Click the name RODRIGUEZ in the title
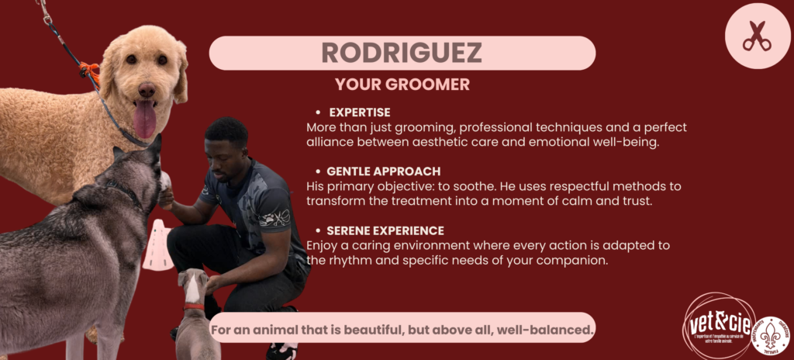click(x=402, y=53)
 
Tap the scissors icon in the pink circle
click(x=757, y=36)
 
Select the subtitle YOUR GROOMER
click(x=402, y=85)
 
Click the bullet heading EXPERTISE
click(x=359, y=112)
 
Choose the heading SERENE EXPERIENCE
click(x=385, y=230)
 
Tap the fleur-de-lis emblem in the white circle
click(x=771, y=334)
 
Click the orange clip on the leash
click(x=91, y=71)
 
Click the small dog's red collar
click(x=193, y=306)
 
